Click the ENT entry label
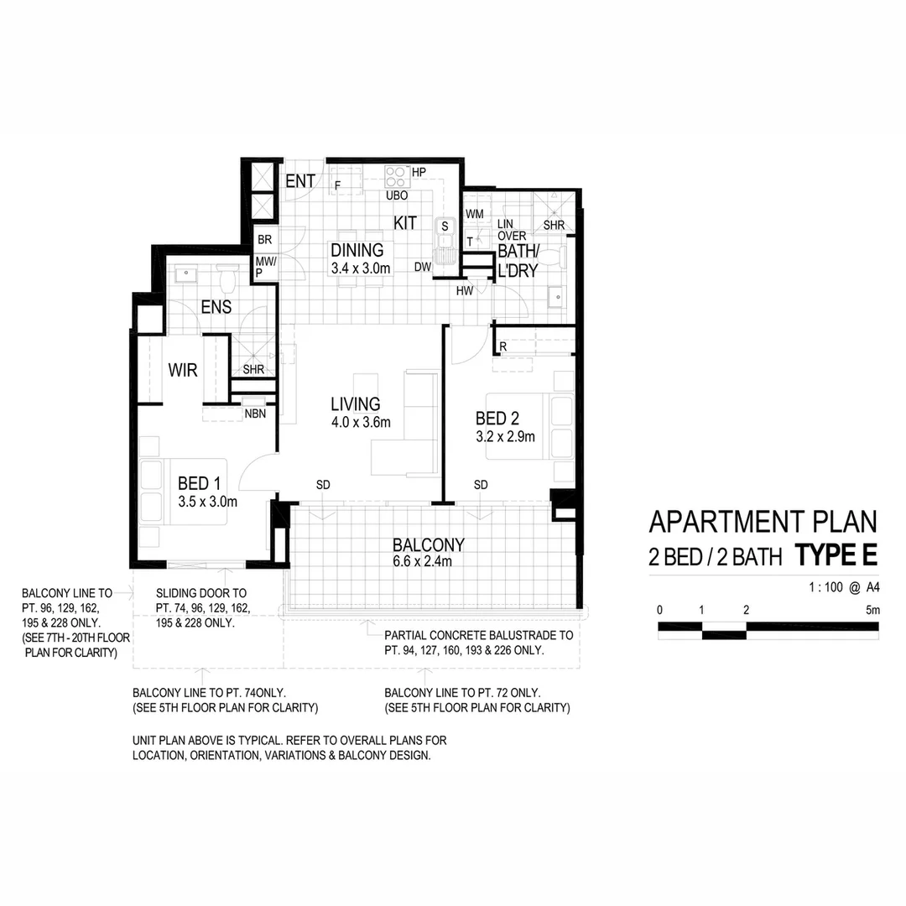(300, 181)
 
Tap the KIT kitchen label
(406, 223)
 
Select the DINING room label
(357, 250)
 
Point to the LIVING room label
(355, 404)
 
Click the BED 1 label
(200, 483)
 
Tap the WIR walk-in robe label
(183, 370)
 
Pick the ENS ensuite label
(216, 308)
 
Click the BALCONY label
(428, 544)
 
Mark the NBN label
(256, 414)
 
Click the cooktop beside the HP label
(396, 176)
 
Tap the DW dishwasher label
(423, 267)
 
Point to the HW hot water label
(465, 291)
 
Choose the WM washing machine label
(474, 215)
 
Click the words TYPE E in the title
(836, 555)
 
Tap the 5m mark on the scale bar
(872, 610)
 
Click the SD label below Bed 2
(481, 485)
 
